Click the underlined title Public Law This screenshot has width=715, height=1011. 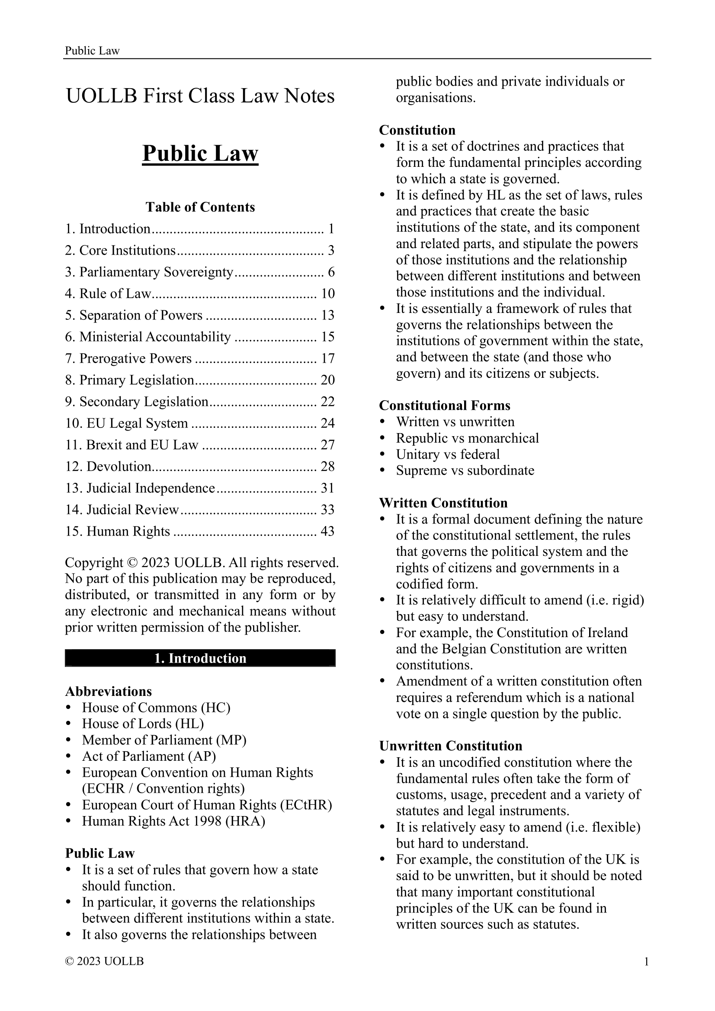(200, 154)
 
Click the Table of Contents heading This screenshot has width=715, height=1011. (200, 207)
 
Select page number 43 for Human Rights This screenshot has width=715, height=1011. (327, 531)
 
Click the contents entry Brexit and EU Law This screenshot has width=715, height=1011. (142, 445)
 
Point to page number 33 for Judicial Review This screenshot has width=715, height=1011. (327, 510)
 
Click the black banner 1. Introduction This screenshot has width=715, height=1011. (200, 658)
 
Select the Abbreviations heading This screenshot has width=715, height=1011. (109, 691)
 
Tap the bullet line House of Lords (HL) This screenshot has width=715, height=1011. (143, 724)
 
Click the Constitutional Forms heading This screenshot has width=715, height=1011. (445, 405)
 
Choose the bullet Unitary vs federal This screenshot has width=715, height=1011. (448, 454)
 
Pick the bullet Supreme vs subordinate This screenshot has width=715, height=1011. (465, 470)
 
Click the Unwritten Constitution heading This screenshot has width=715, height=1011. (451, 746)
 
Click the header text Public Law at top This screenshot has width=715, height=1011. (92, 51)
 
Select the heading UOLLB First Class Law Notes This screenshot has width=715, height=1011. (200, 96)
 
